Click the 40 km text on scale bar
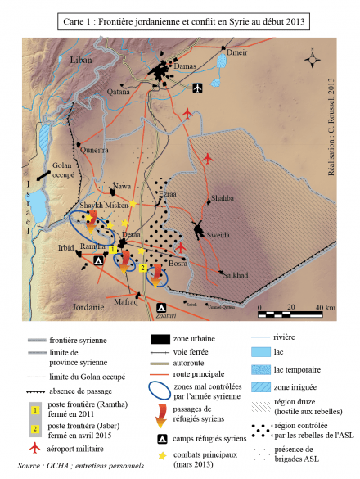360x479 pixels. point(325,308)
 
